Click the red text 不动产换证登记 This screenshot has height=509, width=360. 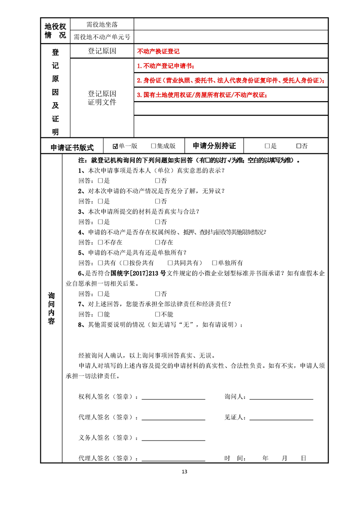click(158, 52)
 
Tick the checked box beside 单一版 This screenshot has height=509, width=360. click(115, 146)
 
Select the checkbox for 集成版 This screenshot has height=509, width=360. click(153, 146)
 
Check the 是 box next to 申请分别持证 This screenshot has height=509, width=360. click(267, 146)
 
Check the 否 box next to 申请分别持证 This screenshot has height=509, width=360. click(298, 146)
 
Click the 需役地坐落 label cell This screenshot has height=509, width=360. click(102, 24)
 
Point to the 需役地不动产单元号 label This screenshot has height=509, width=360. click(102, 37)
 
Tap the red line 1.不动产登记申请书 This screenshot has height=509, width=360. click(168, 66)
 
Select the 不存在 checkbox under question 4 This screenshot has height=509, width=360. click(101, 242)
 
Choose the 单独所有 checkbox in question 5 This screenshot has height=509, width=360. click(215, 263)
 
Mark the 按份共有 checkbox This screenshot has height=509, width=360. click(126, 263)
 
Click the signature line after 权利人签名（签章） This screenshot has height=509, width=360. click(173, 398)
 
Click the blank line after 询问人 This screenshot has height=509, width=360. click(281, 398)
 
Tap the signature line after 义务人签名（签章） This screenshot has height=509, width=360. click(173, 439)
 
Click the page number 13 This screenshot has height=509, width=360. click(184, 471)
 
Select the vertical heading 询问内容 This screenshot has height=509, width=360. click(51, 308)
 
